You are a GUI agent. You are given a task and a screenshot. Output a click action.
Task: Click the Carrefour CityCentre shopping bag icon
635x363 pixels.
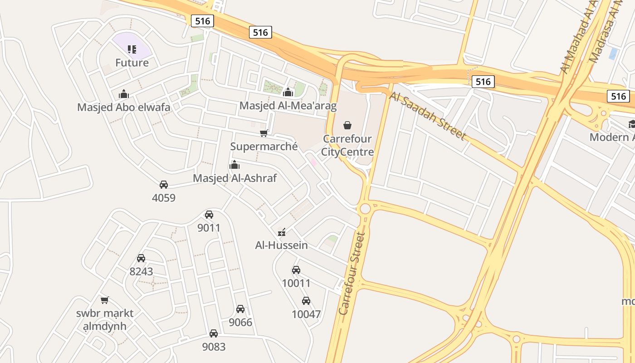(x=347, y=125)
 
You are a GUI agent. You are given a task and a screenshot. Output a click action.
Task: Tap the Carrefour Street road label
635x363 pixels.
(x=352, y=274)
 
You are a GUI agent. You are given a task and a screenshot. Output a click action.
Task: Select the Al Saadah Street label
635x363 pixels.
(x=427, y=116)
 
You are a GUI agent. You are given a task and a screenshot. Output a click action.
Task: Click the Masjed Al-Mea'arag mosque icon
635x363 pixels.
(x=288, y=93)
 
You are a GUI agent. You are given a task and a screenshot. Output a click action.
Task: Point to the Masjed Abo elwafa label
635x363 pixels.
(x=124, y=108)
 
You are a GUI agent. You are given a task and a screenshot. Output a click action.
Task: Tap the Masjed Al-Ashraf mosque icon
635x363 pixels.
(x=234, y=165)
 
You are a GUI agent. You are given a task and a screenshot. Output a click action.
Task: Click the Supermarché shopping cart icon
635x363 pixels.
(x=264, y=133)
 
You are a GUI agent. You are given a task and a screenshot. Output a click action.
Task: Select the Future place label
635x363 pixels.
(x=132, y=63)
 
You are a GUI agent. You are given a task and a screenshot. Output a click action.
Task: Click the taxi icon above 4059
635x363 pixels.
(x=164, y=185)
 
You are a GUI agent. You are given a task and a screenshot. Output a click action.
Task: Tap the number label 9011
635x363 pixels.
(x=209, y=228)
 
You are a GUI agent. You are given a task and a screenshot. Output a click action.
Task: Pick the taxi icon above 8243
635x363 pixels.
(x=141, y=258)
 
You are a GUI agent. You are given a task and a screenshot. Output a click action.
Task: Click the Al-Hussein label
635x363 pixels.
(x=282, y=245)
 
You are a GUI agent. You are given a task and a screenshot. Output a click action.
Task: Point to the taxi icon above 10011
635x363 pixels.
(x=296, y=270)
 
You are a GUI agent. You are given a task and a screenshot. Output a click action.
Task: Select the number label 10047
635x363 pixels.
(x=306, y=314)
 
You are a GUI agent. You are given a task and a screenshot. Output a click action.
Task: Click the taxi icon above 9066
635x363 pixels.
(x=240, y=309)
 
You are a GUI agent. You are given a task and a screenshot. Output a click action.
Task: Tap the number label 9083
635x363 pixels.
(x=214, y=347)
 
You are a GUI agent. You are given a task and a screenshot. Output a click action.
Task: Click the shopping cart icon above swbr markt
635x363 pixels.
(x=105, y=300)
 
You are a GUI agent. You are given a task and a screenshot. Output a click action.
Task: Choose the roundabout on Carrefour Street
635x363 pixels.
(x=365, y=209)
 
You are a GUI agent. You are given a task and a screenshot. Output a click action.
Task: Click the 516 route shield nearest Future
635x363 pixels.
(x=202, y=21)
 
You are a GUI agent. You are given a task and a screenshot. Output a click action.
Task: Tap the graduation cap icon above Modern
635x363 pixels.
(x=631, y=124)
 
